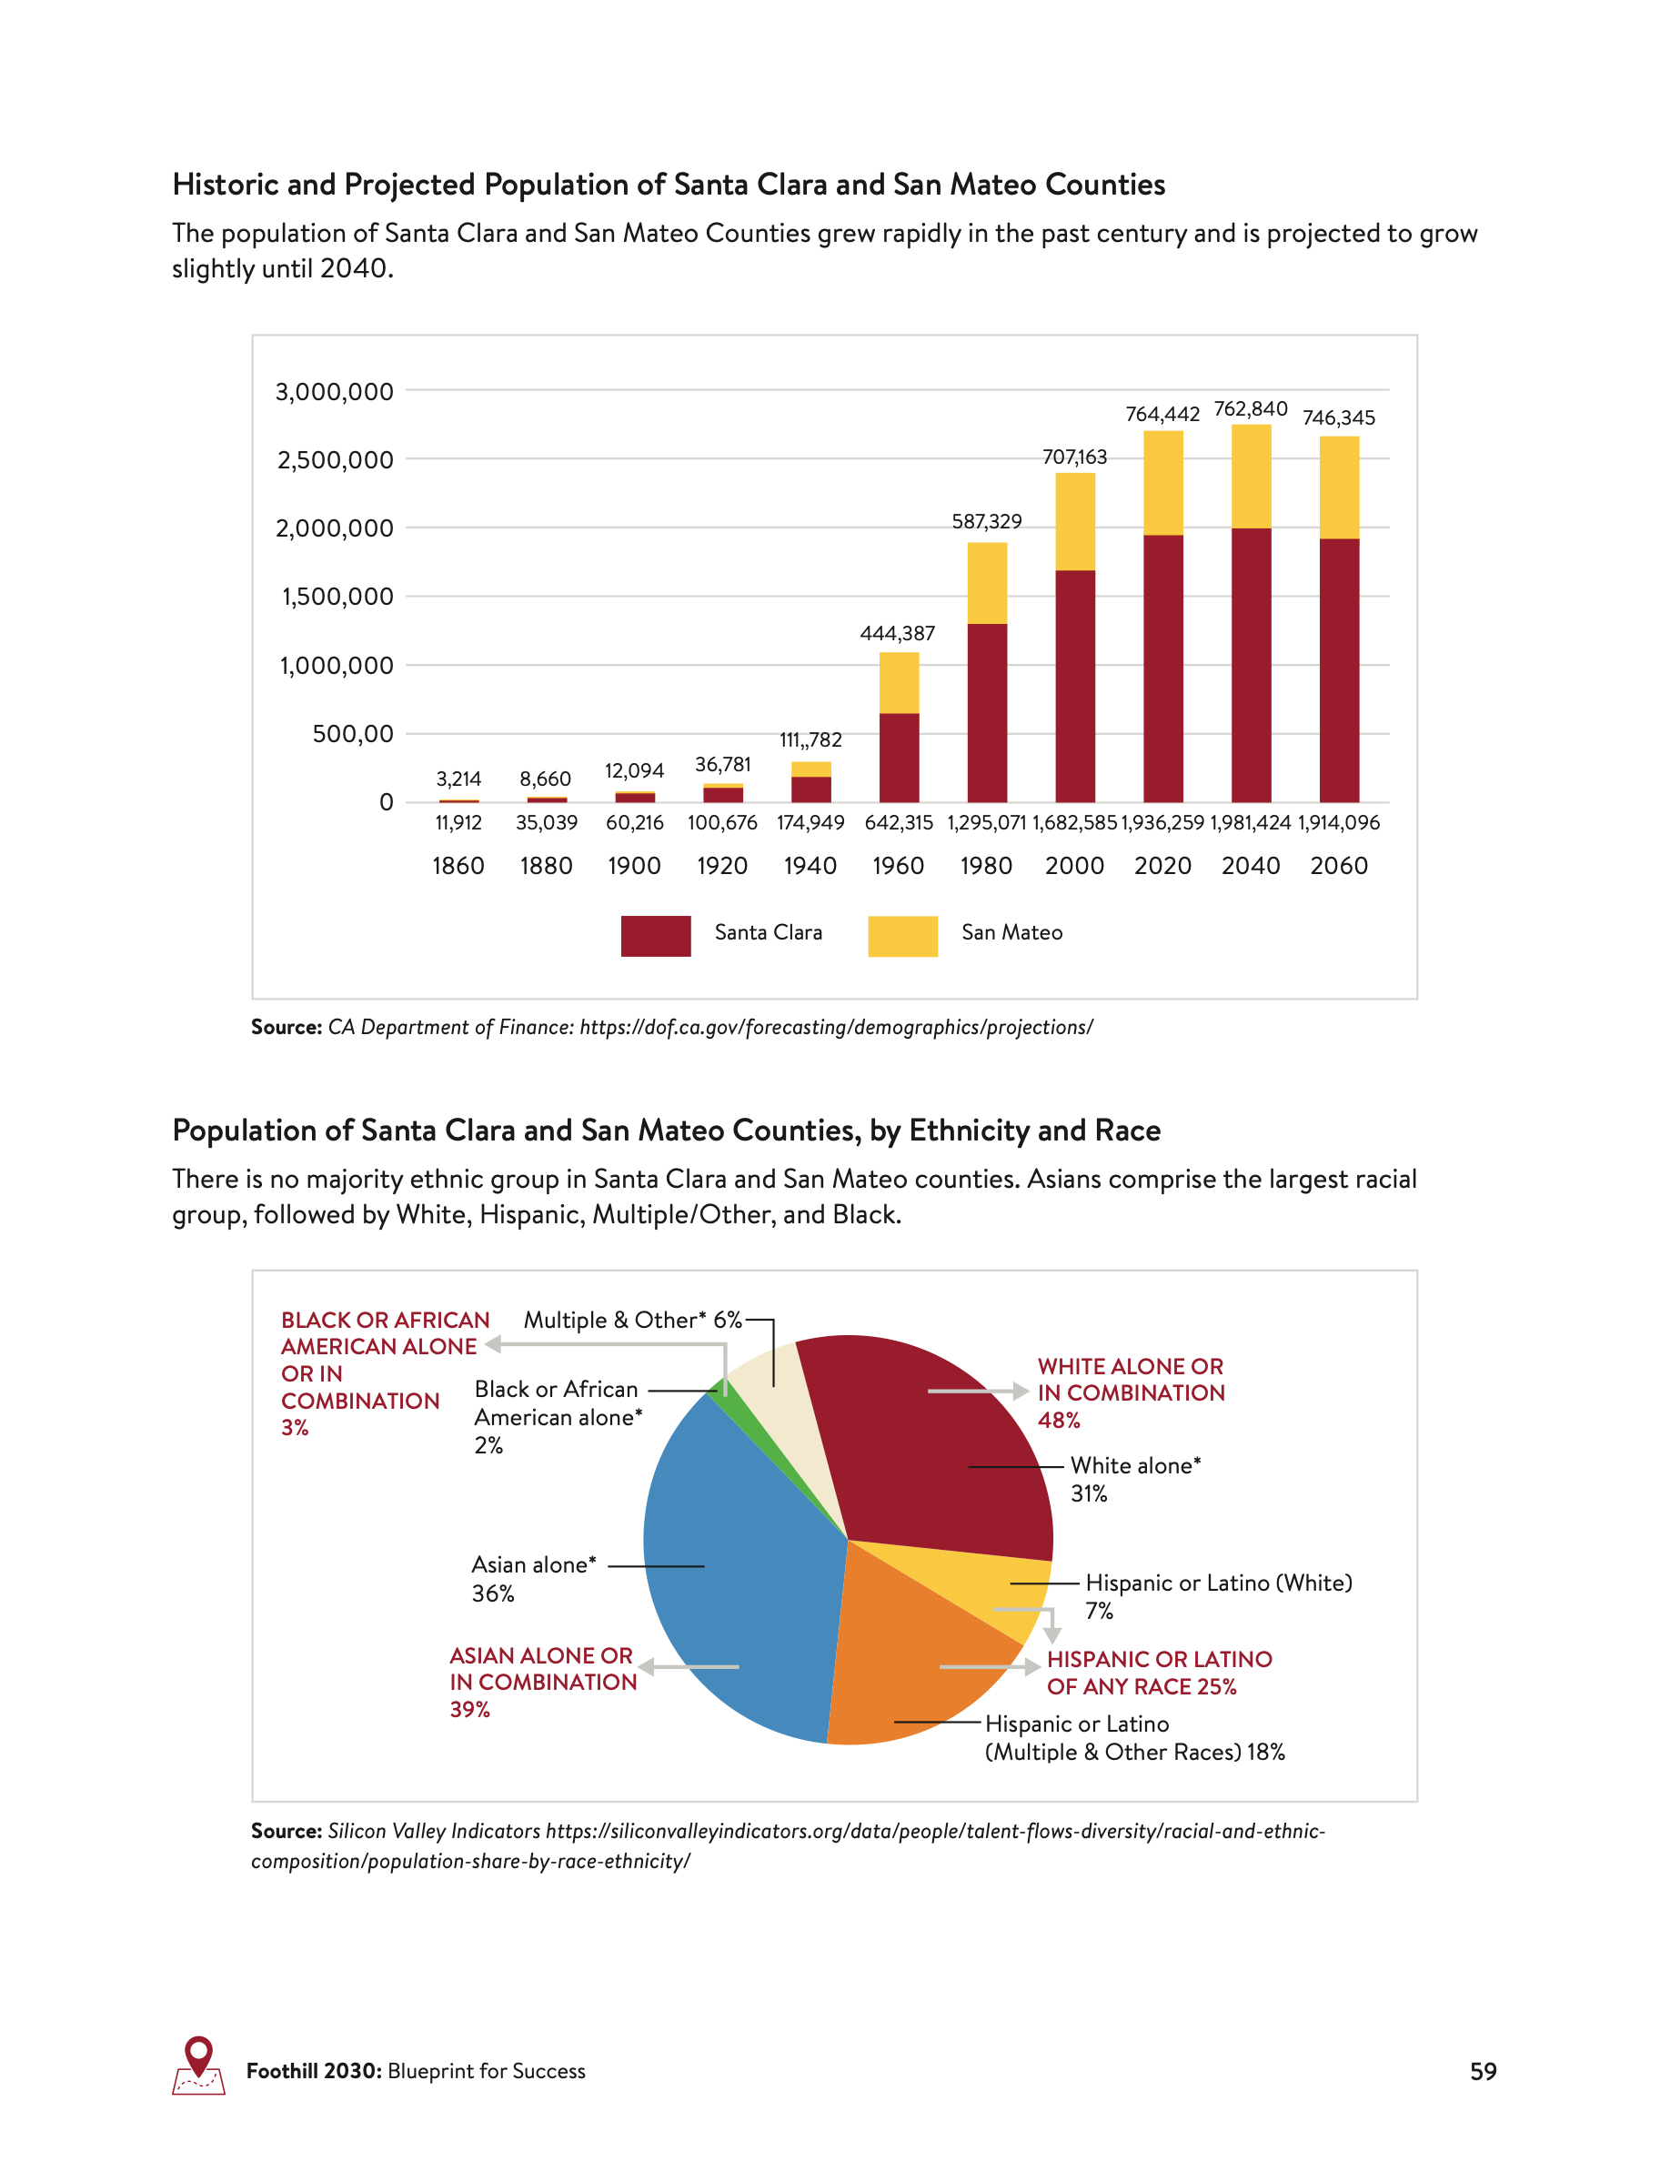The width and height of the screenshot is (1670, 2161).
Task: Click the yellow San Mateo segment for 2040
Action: (1251, 476)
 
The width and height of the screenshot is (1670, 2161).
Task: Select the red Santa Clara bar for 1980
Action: (986, 712)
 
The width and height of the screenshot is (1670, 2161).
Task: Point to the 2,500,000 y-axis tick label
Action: (335, 460)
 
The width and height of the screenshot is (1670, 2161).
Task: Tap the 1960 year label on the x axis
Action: (898, 866)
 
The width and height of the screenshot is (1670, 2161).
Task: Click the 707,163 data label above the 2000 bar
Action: (1074, 457)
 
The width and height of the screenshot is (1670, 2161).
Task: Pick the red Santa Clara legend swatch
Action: (655, 935)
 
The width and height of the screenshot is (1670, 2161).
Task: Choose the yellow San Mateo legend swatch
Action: (902, 935)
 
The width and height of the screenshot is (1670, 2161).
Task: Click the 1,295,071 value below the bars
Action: (986, 823)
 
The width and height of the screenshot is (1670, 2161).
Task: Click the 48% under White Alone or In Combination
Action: (1059, 1420)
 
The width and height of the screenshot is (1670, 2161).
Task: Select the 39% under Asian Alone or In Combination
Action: (470, 1710)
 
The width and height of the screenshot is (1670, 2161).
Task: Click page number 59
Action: (1482, 2072)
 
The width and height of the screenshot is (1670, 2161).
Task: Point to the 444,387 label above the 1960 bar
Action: (898, 633)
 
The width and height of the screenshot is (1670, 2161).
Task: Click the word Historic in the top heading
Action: (225, 185)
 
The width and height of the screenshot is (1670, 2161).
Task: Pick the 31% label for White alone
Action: (1088, 1494)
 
